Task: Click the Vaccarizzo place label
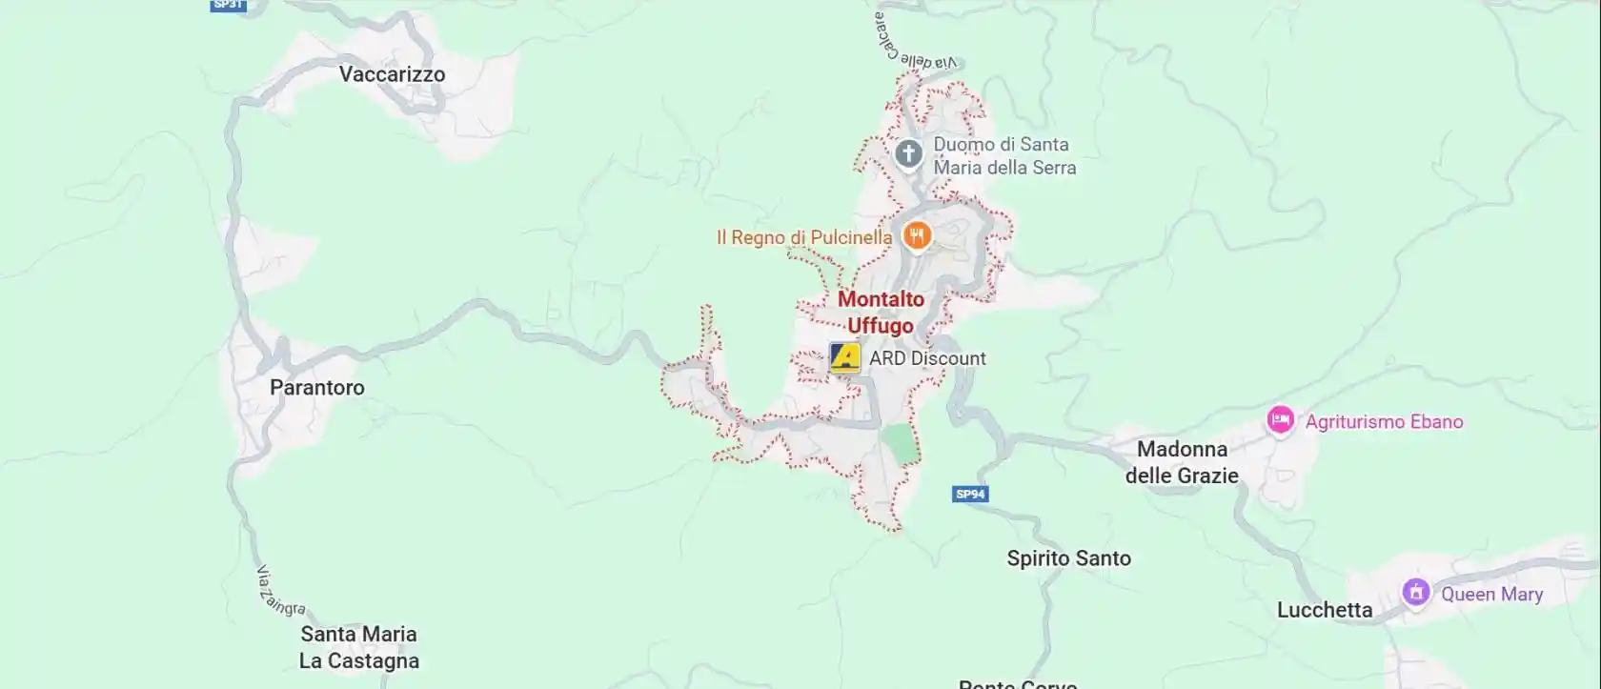coord(392,74)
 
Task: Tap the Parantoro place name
coord(316,388)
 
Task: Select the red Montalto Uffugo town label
coord(881,313)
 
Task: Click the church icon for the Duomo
coord(908,153)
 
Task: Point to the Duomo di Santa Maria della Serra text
coord(1004,156)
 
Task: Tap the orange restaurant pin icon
coord(916,235)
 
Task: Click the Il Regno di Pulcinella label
coord(804,237)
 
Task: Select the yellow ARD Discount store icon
coord(845,357)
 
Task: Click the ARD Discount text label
coord(927,358)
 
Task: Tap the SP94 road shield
coord(970,494)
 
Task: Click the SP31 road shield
coord(228,5)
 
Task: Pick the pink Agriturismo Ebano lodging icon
coord(1280,419)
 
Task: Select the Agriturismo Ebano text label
coord(1384,421)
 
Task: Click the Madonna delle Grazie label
coord(1182,462)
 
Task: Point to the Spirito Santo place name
coord(1068,558)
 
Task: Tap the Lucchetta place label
coord(1325,610)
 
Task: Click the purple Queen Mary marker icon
coord(1415,593)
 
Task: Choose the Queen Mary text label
coord(1491,594)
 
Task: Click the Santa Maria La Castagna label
coord(359,647)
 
